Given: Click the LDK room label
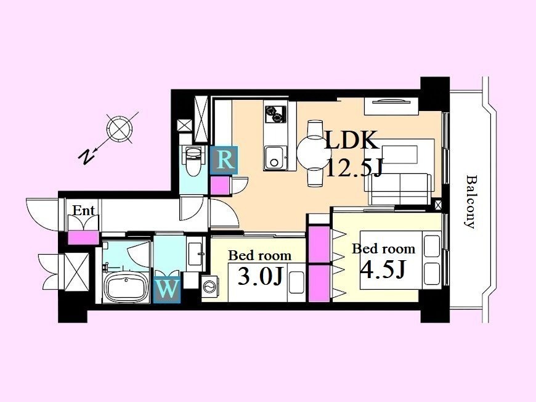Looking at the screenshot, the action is [351, 140].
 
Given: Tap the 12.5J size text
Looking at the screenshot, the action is [354, 167].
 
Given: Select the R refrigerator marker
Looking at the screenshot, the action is [224, 160].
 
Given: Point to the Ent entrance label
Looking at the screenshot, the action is [83, 210].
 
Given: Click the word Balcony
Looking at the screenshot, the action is [471, 202].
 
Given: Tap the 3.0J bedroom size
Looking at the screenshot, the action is [261, 276].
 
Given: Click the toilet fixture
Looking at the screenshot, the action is [193, 160].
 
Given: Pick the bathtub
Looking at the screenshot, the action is [126, 288].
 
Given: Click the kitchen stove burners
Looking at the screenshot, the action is [275, 113].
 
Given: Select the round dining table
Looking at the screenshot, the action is [313, 153].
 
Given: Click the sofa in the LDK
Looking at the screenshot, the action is [398, 189].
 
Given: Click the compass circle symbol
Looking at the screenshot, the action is [120, 128].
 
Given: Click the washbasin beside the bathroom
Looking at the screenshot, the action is [195, 254].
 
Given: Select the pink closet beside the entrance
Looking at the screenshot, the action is [83, 238].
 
